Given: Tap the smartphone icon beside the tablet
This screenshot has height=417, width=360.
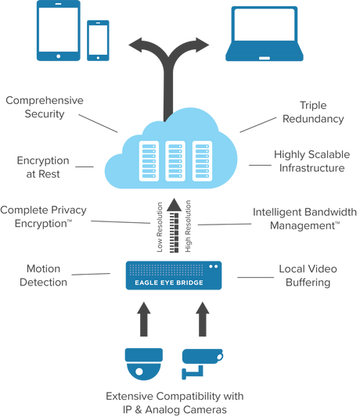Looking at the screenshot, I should [99, 39].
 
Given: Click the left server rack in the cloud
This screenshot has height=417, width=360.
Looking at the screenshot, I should [149, 160].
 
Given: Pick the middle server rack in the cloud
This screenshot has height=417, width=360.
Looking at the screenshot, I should [176, 160].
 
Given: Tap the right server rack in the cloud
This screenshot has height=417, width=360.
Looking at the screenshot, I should [203, 160].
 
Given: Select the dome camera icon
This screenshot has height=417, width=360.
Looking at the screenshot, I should [143, 361].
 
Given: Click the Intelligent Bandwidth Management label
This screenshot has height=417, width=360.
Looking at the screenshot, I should [305, 217].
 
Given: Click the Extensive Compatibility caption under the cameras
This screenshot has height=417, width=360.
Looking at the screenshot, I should [174, 401].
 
